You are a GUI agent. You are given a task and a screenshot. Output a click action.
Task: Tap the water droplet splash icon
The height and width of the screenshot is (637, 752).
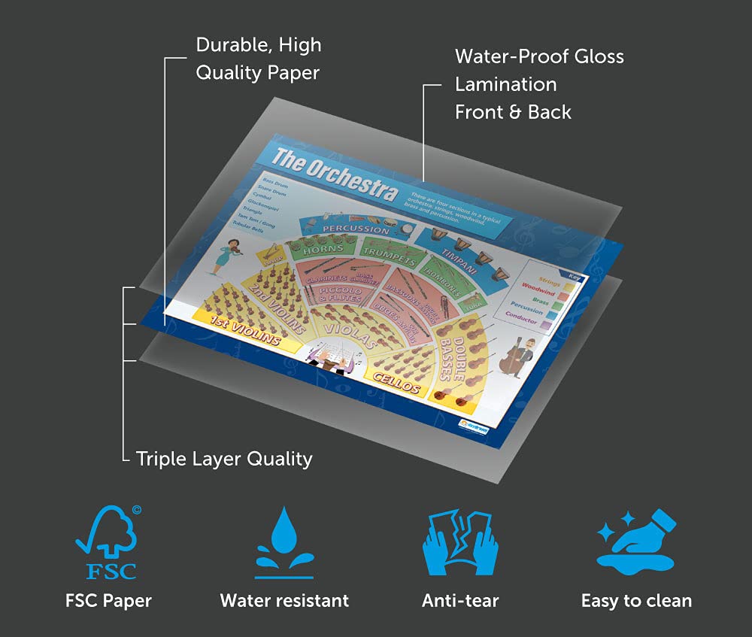coord(284,542)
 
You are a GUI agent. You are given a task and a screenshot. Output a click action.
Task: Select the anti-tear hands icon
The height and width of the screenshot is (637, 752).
coord(460,542)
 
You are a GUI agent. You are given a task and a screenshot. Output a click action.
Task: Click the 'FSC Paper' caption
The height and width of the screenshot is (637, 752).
coord(108,600)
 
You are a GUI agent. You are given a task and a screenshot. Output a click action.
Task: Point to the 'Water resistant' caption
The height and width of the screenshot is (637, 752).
coord(284,600)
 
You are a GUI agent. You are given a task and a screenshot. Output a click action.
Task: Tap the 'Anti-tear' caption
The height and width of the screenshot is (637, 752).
coord(460,600)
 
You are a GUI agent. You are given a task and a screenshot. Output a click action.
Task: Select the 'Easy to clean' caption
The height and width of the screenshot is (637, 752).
coord(636,600)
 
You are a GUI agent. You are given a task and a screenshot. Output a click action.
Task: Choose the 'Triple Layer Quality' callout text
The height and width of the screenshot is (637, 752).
coord(224,458)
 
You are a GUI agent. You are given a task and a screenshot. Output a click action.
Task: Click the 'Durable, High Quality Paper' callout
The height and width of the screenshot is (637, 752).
coord(258,59)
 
